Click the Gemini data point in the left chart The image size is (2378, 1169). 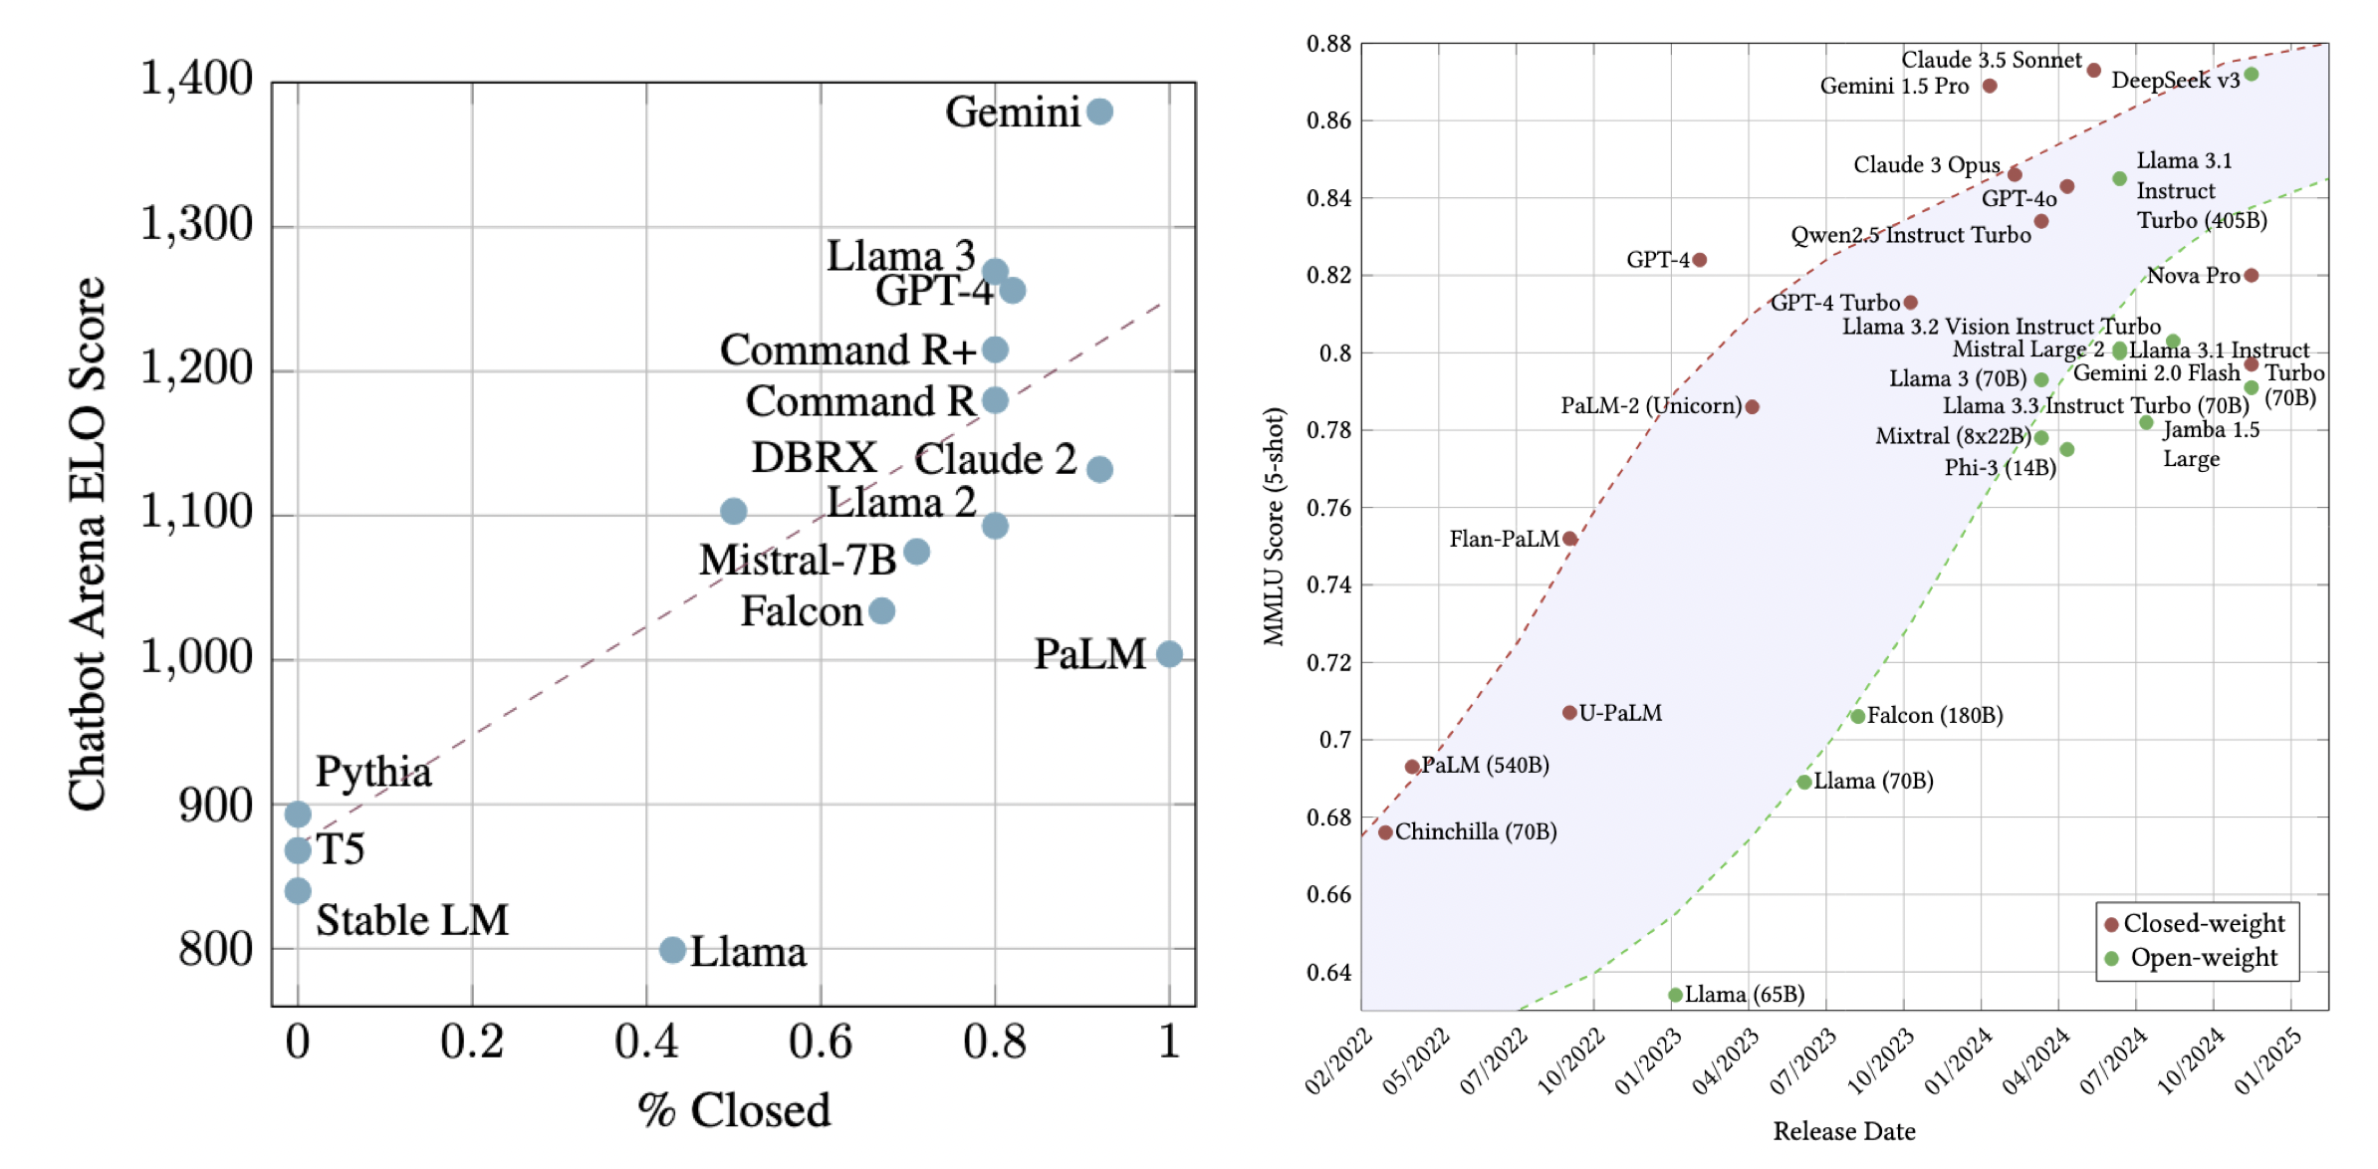coord(1099,112)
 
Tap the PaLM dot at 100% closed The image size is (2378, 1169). coord(1169,654)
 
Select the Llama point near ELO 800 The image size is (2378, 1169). coord(672,950)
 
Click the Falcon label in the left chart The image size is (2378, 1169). coord(802,611)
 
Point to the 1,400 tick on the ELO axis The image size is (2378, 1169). coord(196,79)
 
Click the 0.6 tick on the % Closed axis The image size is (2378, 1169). coord(820,1043)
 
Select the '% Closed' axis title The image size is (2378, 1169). coord(734,1110)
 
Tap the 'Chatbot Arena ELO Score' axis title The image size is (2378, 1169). coord(87,543)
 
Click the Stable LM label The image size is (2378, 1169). coord(412,920)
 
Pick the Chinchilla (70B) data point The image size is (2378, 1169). coord(1385,832)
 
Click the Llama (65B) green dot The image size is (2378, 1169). coord(1675,995)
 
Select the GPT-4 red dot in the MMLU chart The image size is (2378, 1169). coord(1700,260)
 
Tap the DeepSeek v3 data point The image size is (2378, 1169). coord(2252,75)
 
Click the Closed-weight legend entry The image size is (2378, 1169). coord(2203,924)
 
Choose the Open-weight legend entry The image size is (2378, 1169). coord(2203,958)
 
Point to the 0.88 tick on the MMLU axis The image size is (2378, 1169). coord(1328,44)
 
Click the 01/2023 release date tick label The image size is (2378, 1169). coord(1648,1062)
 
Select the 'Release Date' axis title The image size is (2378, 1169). coord(1844,1131)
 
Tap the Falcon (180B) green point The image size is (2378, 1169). coord(1857,716)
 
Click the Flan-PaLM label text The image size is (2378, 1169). coord(1504,539)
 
